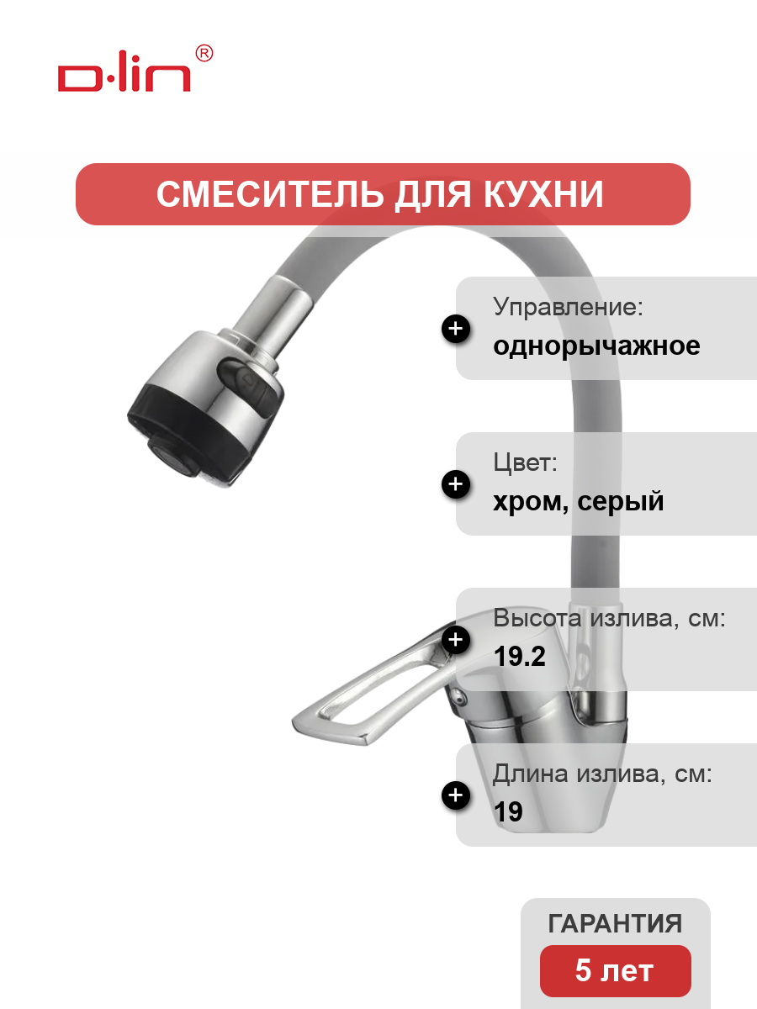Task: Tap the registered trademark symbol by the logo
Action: [x=204, y=53]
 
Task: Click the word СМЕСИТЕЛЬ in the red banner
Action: [x=270, y=194]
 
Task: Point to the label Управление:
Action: [x=568, y=306]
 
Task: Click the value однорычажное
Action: [x=596, y=346]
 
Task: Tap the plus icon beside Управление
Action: [x=456, y=329]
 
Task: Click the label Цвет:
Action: [x=525, y=462]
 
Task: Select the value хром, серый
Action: [x=578, y=501]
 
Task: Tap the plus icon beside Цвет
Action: [x=456, y=484]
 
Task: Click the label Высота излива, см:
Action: [x=609, y=618]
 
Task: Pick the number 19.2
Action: [x=519, y=657]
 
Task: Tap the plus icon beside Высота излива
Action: [x=456, y=639]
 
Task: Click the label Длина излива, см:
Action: [x=602, y=774]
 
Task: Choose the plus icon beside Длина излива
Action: [x=456, y=795]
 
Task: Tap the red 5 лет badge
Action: [x=615, y=970]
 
